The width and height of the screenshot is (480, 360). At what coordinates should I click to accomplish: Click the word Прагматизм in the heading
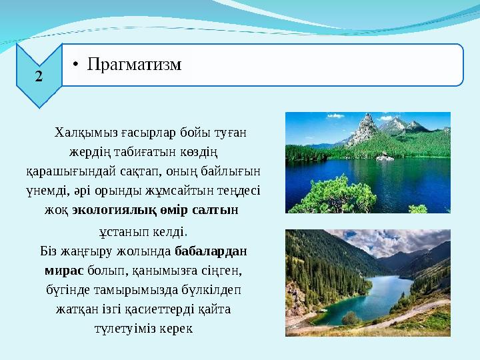(135, 65)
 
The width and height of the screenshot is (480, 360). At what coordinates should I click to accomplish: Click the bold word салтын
(215, 209)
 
